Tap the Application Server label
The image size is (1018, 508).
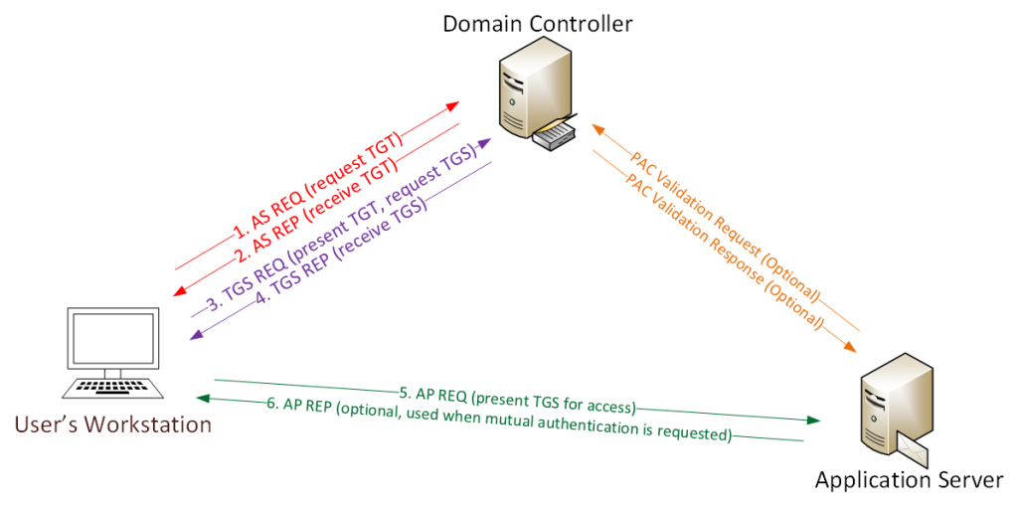click(909, 481)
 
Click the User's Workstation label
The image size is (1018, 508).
click(113, 425)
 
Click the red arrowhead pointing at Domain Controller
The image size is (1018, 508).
click(452, 104)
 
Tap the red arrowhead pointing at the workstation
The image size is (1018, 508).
click(180, 291)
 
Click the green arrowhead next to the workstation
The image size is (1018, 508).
click(204, 399)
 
